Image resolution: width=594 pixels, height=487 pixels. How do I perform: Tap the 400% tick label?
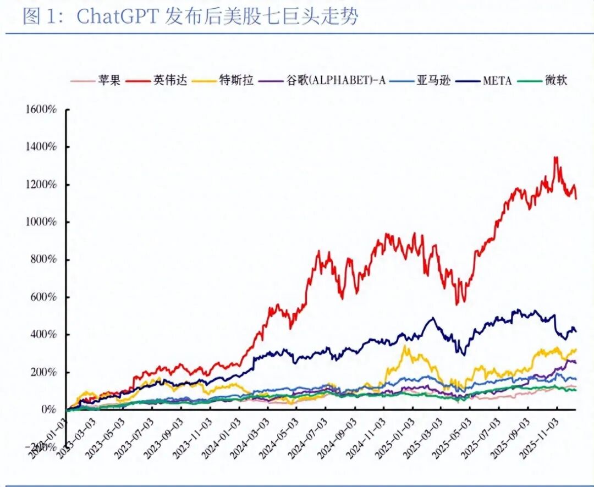(43, 334)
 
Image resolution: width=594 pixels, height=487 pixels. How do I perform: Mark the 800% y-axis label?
(43, 259)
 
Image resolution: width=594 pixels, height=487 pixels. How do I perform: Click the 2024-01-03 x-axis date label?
(226, 437)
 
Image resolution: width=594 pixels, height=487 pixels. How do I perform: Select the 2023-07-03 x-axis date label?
(139, 437)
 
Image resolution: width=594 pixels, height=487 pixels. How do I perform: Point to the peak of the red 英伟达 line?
(556, 158)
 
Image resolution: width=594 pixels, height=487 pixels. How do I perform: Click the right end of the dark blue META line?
(576, 331)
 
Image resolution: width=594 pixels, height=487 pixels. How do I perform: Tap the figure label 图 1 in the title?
(38, 16)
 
